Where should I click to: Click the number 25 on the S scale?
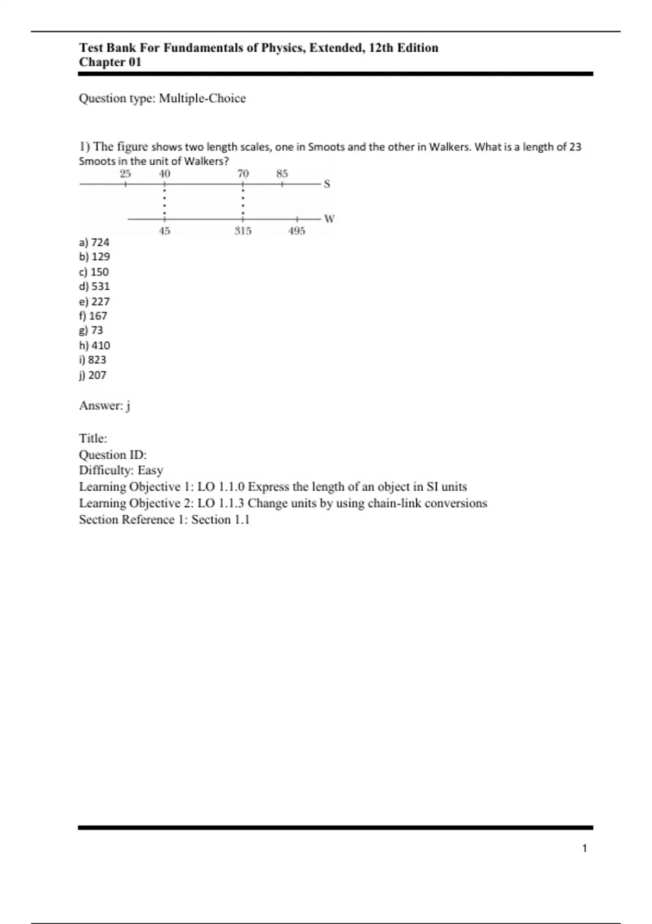126,174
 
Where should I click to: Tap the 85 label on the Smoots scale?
282,174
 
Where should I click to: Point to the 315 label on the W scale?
243,231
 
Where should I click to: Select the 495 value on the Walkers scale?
297,231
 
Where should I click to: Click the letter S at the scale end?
327,184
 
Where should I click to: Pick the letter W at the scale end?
329,219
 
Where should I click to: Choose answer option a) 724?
94,242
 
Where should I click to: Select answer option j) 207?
93,375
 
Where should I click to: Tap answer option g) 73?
91,330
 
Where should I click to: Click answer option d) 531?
95,286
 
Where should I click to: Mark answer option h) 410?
95,346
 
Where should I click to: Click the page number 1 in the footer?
585,848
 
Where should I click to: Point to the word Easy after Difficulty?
150,471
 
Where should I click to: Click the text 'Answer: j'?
105,406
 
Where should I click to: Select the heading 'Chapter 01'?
110,63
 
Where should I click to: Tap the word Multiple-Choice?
202,98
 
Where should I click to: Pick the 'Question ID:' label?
113,455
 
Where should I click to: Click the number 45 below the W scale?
165,231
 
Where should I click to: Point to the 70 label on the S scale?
243,174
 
